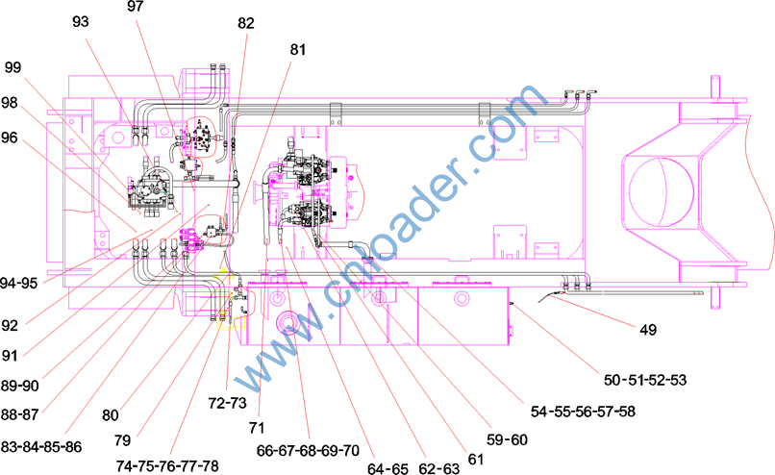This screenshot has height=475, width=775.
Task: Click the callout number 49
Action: (x=648, y=329)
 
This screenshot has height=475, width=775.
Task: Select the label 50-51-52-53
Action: (x=645, y=380)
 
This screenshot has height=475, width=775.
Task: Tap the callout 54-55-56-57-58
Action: (x=583, y=412)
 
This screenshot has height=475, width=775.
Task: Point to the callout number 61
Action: (x=475, y=460)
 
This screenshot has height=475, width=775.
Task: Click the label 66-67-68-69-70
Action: (x=308, y=451)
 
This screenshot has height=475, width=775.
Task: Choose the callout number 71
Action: (x=257, y=428)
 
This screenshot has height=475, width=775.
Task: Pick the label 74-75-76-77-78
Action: (x=167, y=465)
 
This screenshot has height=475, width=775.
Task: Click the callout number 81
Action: (x=298, y=49)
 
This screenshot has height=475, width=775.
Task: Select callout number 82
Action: (x=245, y=23)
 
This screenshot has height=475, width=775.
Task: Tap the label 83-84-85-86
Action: (x=41, y=447)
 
